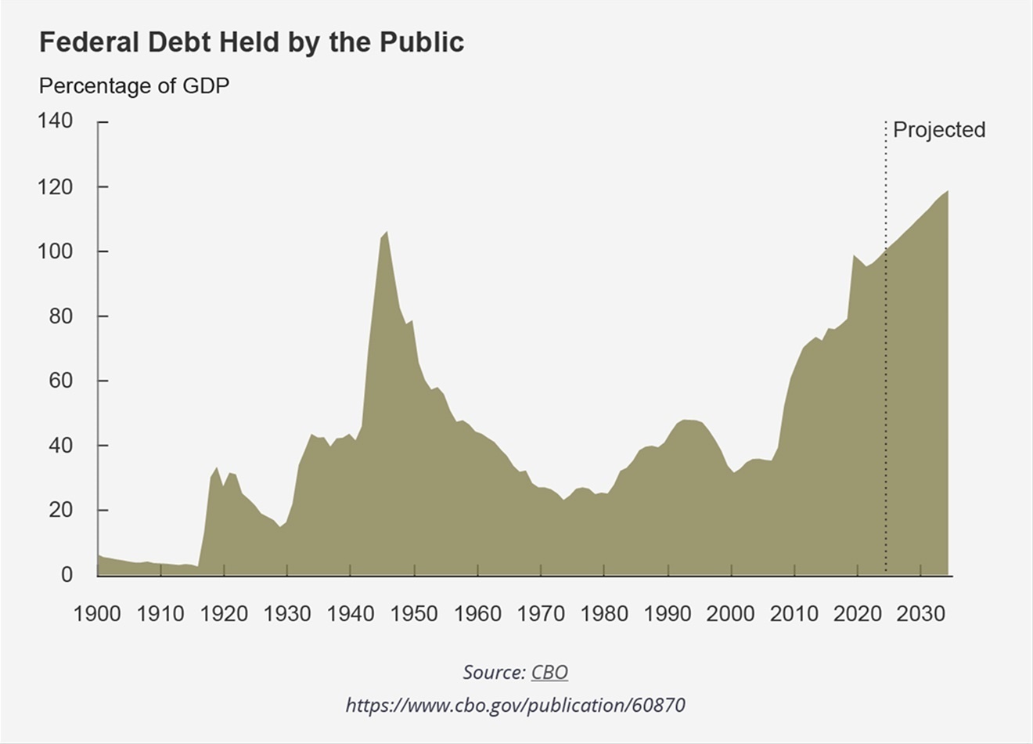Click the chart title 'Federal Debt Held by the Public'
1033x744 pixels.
pyautogui.click(x=251, y=42)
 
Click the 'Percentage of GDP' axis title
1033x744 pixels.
pyautogui.click(x=134, y=85)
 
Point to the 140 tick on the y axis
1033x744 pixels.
pyautogui.click(x=56, y=121)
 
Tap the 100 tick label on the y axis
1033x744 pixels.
pyautogui.click(x=56, y=251)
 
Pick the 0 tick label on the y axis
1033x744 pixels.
pyautogui.click(x=67, y=575)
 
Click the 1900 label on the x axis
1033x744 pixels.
pyautogui.click(x=97, y=613)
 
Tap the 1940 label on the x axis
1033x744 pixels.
pyautogui.click(x=351, y=613)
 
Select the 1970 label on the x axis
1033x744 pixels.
pyautogui.click(x=541, y=613)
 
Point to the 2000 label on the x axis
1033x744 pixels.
pyautogui.click(x=731, y=613)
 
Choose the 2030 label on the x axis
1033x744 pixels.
pyautogui.click(x=921, y=613)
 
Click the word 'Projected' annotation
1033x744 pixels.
pyautogui.click(x=938, y=130)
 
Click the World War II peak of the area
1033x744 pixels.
pyautogui.click(x=386, y=233)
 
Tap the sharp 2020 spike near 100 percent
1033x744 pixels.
pyautogui.click(x=854, y=256)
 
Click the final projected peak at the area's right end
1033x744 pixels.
pyautogui.click(x=947, y=192)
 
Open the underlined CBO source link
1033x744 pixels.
pyautogui.click(x=549, y=672)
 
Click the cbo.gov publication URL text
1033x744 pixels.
pyautogui.click(x=515, y=705)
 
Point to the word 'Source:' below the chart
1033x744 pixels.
pyautogui.click(x=493, y=672)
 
